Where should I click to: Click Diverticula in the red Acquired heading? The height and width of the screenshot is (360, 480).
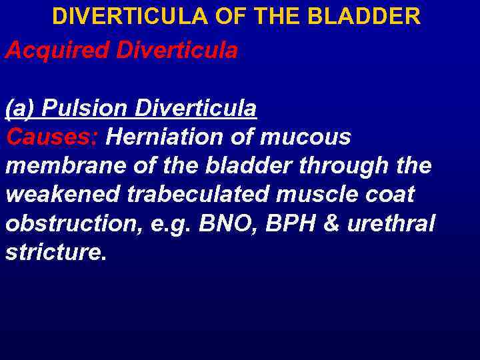tap(176, 51)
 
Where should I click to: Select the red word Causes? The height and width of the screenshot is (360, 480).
tap(52, 137)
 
